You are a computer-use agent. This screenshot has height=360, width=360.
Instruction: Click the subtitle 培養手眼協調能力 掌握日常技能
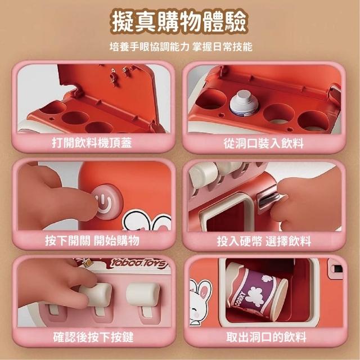[181, 47]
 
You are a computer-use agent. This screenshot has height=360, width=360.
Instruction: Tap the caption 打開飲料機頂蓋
[92, 143]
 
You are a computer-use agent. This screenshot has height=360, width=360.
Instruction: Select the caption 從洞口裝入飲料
[264, 143]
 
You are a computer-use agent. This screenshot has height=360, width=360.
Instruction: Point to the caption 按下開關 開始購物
[92, 241]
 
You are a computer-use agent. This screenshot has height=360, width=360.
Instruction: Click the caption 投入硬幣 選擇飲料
[264, 241]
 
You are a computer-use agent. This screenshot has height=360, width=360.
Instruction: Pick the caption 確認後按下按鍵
[93, 337]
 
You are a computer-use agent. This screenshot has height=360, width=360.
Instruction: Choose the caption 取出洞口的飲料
[266, 337]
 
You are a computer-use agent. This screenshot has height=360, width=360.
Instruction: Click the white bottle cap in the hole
[242, 102]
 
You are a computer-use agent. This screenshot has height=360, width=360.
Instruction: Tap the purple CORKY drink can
[256, 291]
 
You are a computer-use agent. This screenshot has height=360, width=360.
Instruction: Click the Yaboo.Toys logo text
[138, 264]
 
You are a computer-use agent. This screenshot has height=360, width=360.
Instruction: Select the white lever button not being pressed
[143, 295]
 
